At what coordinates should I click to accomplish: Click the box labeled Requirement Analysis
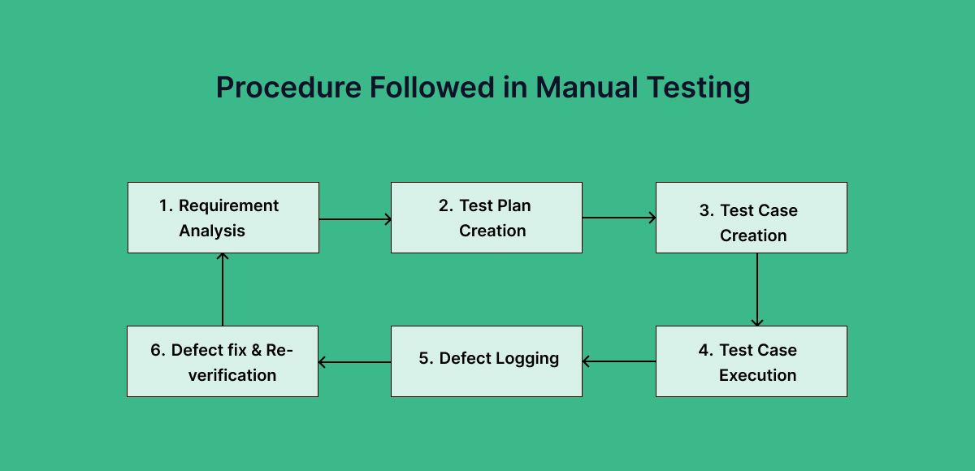223,218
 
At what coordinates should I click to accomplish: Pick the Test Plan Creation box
486,218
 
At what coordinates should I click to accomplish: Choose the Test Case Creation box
751,218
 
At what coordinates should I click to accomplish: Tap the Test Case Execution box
751,361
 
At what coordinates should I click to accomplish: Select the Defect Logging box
486,361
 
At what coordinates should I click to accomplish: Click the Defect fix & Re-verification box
223,361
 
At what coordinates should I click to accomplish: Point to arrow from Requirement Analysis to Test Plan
355,218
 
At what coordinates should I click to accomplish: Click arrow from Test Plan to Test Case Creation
618,218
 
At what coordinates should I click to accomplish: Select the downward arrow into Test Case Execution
757,289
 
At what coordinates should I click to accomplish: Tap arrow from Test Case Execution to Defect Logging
619,361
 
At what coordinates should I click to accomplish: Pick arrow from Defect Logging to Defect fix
355,362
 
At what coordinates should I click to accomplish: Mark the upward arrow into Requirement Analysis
223,289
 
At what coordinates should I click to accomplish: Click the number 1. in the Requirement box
166,206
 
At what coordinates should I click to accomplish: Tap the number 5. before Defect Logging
427,359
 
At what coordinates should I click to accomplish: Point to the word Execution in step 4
757,375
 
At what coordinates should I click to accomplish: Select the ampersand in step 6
256,351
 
